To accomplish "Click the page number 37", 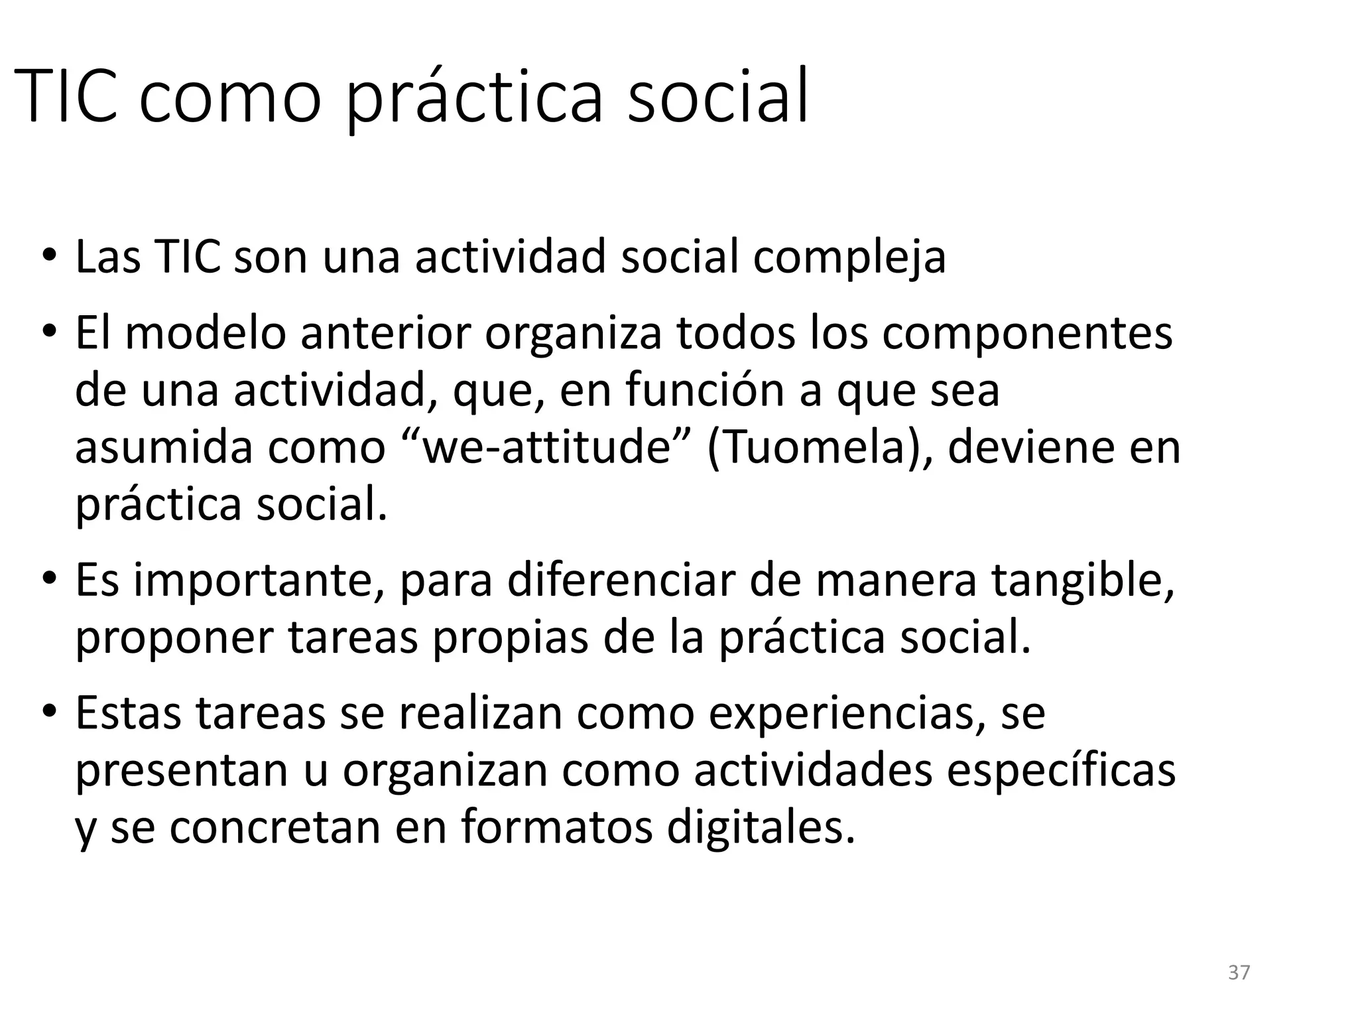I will point(1239,973).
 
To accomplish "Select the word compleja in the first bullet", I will point(849,257).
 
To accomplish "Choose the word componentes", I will point(1027,333).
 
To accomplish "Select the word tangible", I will point(1083,580).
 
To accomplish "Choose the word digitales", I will point(761,828).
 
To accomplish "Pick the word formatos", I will point(557,828).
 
